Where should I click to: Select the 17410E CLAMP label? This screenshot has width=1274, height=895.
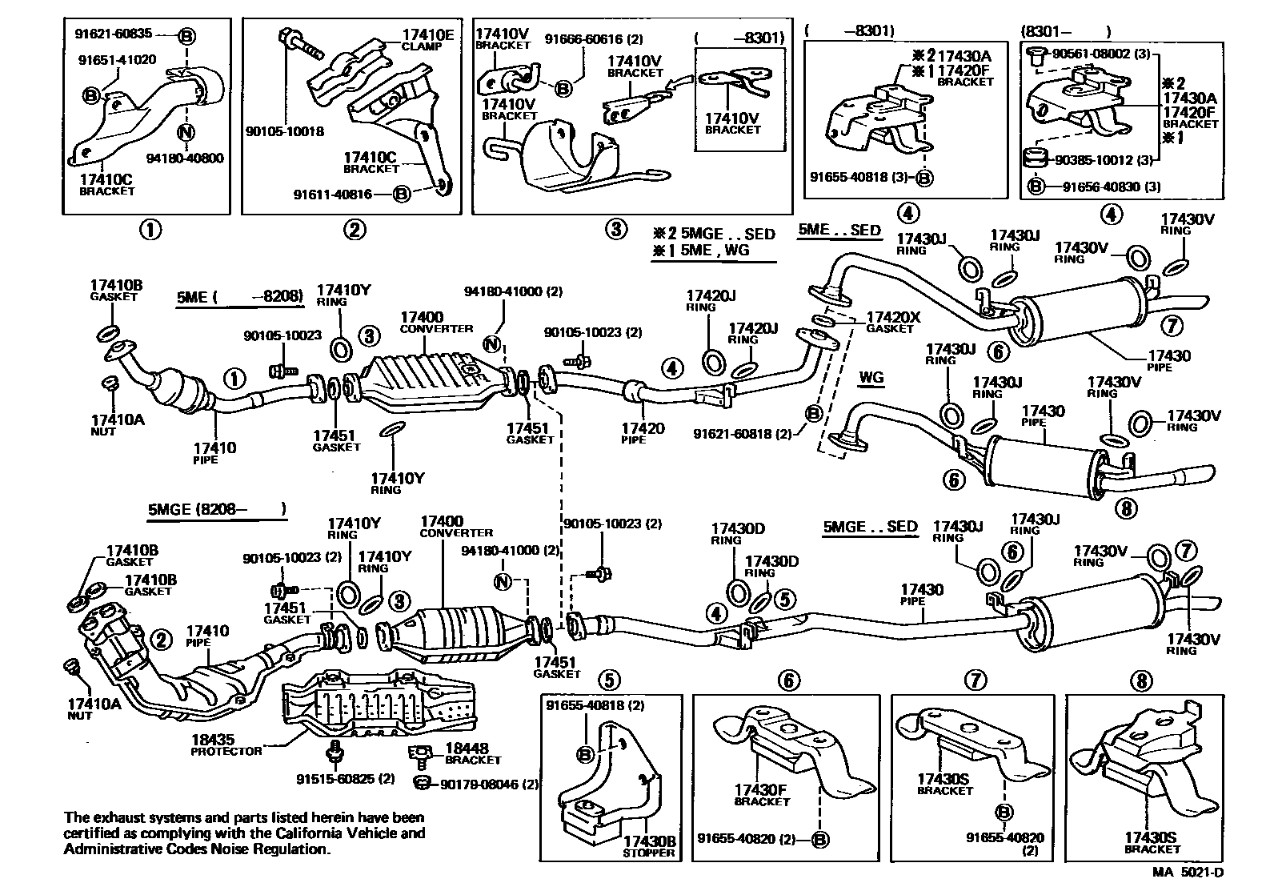[x=427, y=39]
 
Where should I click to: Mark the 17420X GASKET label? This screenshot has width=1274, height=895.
[x=892, y=322]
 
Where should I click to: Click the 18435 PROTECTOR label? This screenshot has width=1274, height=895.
[x=226, y=745]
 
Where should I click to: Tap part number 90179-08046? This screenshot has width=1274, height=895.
[x=479, y=785]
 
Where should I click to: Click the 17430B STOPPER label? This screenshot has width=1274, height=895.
[x=649, y=848]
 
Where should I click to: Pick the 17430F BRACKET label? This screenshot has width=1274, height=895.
[x=761, y=795]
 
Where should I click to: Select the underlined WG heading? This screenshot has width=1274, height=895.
[x=872, y=376]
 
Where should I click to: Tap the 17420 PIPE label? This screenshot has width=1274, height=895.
[x=643, y=433]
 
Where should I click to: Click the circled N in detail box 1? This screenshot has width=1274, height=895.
[x=186, y=131]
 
